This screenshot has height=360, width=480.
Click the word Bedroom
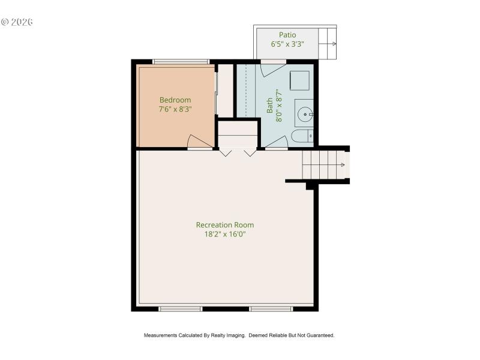[175, 100]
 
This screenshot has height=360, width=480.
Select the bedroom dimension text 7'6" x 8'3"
[175, 109]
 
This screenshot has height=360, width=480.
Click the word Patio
[287, 35]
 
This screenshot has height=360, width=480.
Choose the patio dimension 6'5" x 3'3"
[287, 44]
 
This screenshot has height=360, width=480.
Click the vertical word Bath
[269, 106]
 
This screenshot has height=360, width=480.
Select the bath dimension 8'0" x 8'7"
[278, 106]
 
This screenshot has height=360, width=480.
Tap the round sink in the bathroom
[305, 113]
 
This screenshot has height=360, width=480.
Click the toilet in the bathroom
[302, 136]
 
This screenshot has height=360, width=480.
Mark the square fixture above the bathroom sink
[299, 80]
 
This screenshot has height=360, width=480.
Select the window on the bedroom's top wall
[181, 61]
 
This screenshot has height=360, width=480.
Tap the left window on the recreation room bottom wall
[180, 309]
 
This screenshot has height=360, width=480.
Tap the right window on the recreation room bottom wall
[271, 309]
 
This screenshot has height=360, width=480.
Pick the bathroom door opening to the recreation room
[276, 142]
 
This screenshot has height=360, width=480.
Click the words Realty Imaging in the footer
[229, 335]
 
